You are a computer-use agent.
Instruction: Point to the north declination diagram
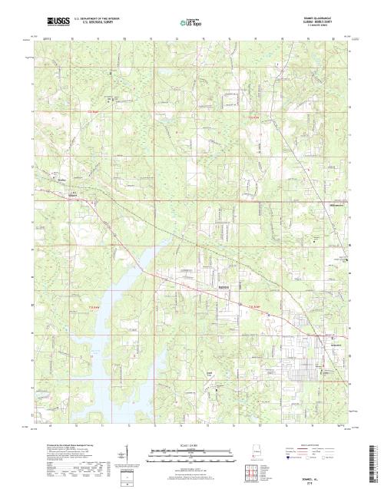pos(124,454)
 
